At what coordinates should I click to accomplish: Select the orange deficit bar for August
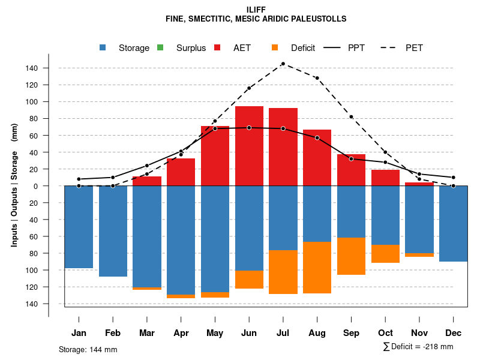coord(317,268)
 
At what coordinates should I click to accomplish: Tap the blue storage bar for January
coord(79,227)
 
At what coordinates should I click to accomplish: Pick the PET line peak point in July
coord(283,64)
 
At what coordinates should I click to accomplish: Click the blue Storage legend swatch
coord(103,48)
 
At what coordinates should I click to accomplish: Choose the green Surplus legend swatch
coord(160,48)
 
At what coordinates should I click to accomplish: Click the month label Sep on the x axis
coord(352,333)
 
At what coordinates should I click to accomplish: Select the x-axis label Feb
coord(113,333)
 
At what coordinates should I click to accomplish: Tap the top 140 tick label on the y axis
coord(32,68)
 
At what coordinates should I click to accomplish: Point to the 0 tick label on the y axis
coord(36,186)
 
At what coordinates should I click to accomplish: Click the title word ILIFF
coord(256,10)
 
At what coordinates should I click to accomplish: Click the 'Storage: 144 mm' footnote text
coord(88,349)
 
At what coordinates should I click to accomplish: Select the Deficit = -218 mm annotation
coord(418,347)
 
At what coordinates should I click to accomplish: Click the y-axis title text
coord(14,185)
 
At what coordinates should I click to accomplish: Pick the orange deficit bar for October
coord(385,254)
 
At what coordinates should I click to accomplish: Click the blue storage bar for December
coord(454,224)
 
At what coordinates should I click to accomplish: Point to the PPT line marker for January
coord(79,179)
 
